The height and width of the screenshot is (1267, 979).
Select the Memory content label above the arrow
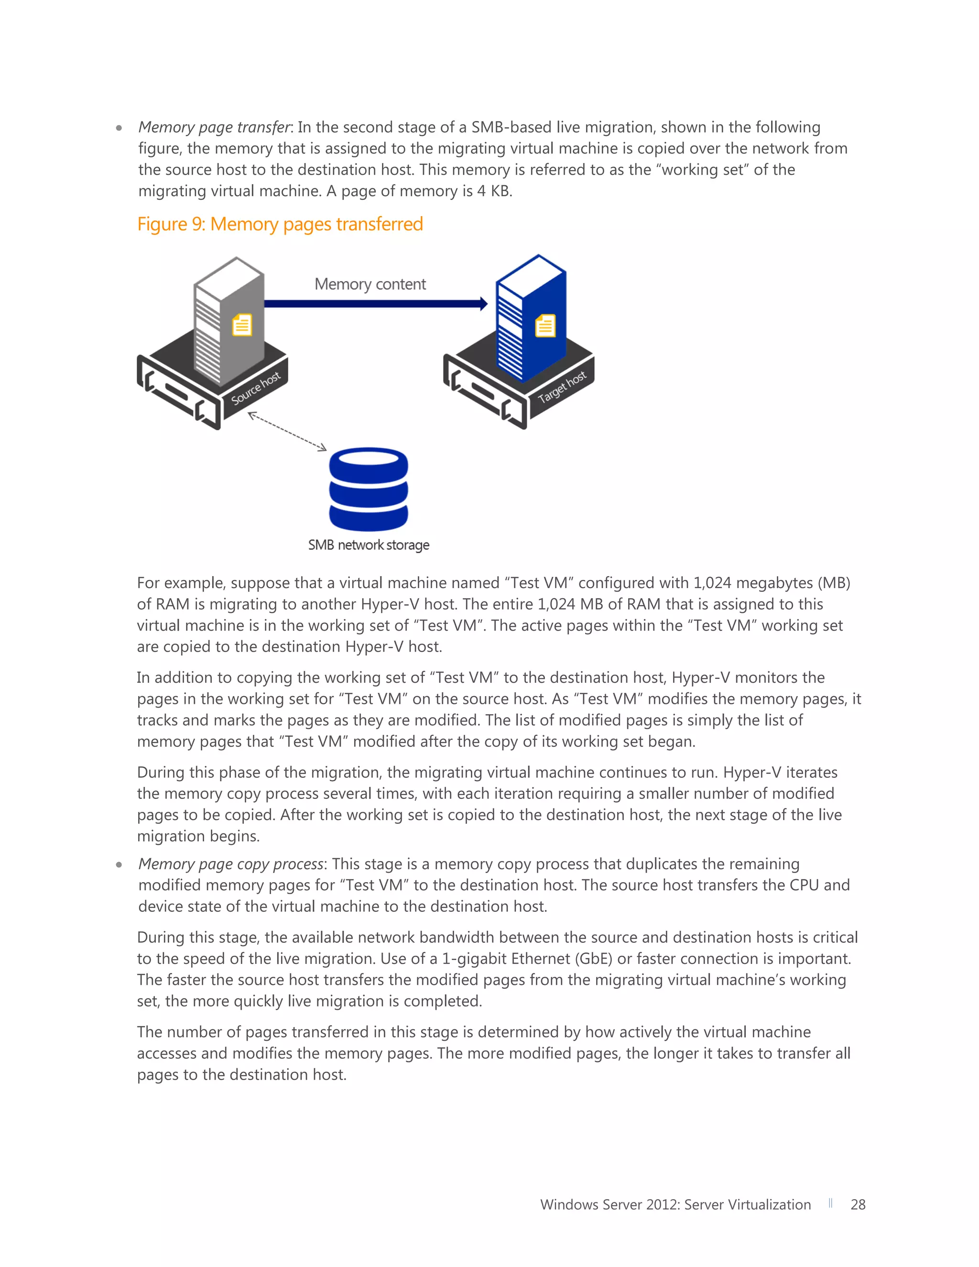[370, 284]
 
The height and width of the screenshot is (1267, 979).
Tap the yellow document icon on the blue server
[544, 326]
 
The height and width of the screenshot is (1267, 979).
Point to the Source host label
[256, 388]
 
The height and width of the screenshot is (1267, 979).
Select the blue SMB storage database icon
[368, 489]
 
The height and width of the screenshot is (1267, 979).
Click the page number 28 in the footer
[858, 1205]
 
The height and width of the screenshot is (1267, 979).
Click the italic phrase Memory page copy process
[231, 864]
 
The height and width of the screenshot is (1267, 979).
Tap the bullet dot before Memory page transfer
[119, 128]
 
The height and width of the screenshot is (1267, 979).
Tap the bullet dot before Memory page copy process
[119, 864]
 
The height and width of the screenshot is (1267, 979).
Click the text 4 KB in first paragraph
[493, 191]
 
